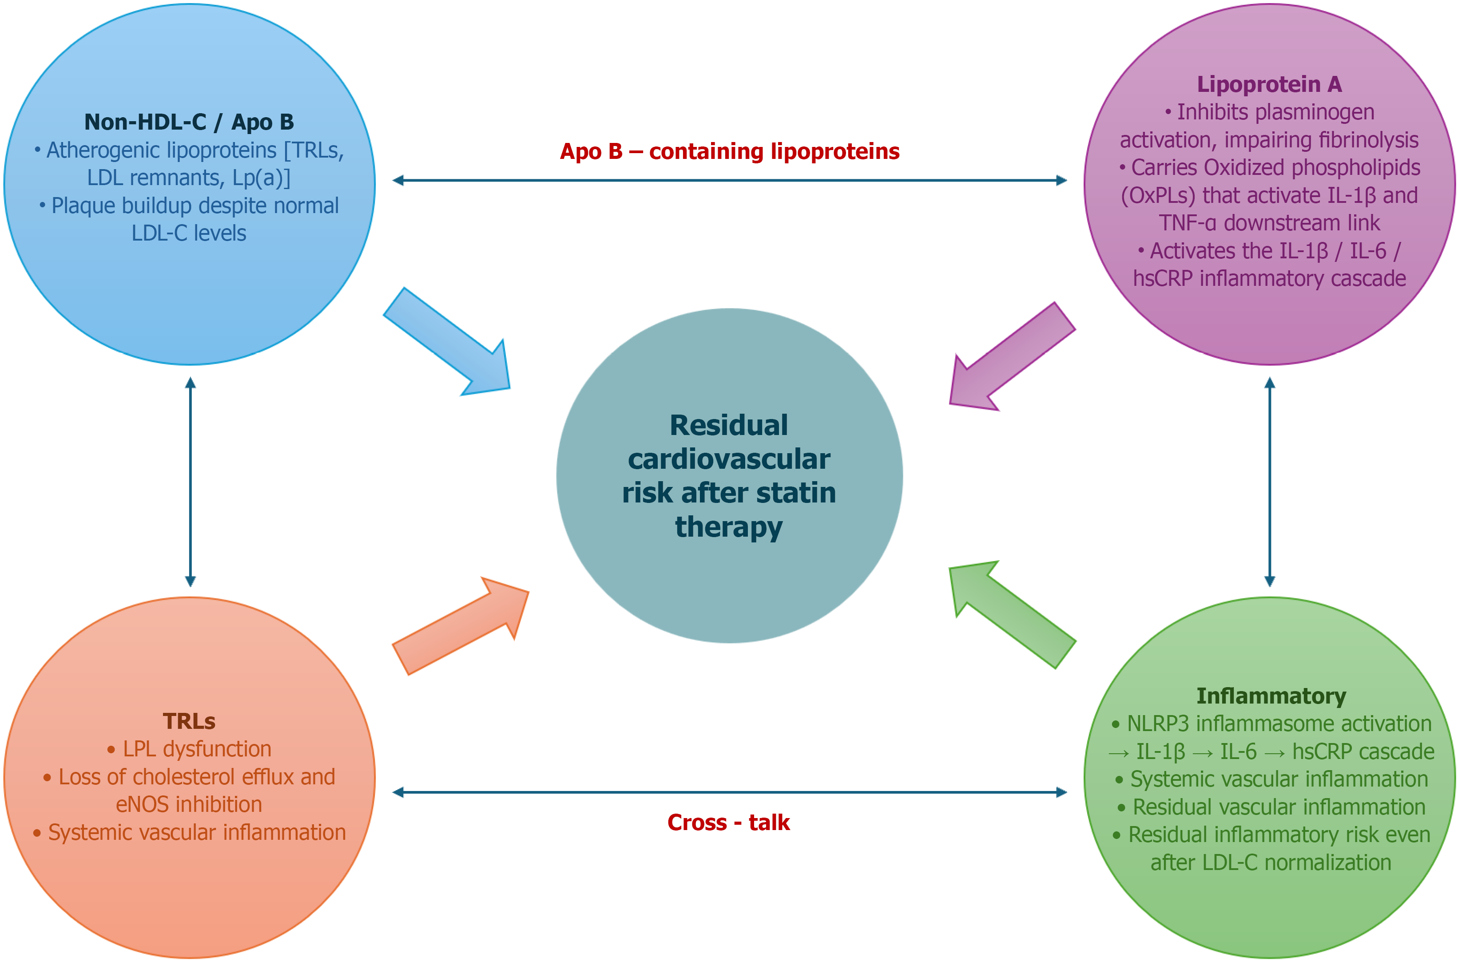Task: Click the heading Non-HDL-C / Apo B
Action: tap(189, 122)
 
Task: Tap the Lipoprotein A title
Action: tap(1269, 84)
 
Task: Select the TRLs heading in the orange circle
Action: tap(189, 721)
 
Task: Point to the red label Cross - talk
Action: tap(728, 823)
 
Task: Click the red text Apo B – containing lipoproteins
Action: tap(730, 151)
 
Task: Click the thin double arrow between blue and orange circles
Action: tap(190, 482)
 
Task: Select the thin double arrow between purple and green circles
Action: tap(1270, 482)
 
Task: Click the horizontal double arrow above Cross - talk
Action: tap(730, 792)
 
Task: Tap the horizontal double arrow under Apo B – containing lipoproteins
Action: tap(730, 180)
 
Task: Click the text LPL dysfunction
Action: tap(197, 749)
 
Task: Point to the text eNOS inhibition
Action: tap(189, 804)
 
